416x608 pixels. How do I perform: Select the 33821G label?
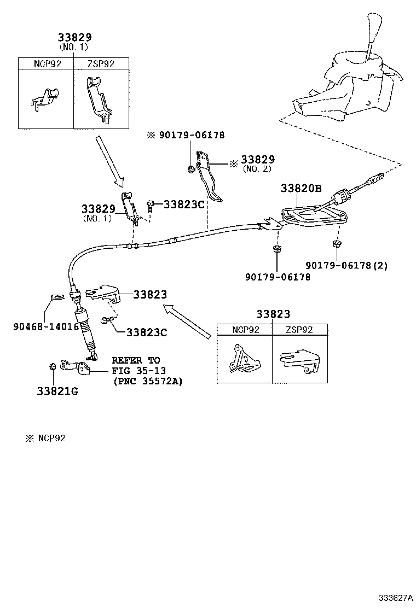57,391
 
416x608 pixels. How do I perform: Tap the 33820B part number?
301,188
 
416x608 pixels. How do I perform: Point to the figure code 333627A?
394,597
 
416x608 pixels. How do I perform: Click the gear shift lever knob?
377,22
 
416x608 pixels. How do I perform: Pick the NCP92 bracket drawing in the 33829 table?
45,99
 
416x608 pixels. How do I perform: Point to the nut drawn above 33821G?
53,366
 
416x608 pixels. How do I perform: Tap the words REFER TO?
136,360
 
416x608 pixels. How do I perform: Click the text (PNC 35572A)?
147,381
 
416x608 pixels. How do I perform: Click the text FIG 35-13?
136,371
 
